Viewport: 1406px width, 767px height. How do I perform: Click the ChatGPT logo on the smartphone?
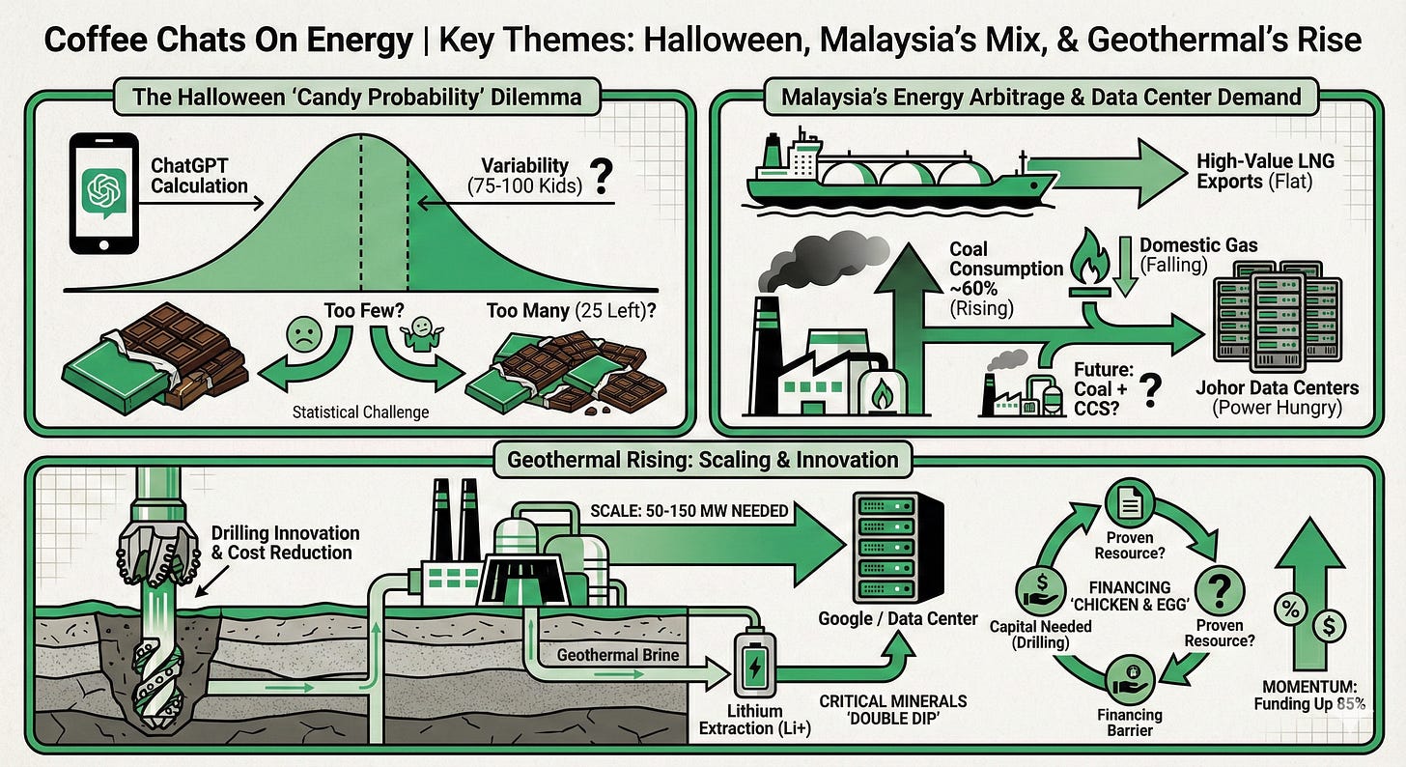point(102,191)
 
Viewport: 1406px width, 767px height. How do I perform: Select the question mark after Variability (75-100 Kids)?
point(604,176)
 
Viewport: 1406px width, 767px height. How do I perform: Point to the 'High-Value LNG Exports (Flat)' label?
point(1266,170)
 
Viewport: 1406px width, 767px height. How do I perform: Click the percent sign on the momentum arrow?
point(1289,609)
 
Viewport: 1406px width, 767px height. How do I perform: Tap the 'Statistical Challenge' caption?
point(358,412)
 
